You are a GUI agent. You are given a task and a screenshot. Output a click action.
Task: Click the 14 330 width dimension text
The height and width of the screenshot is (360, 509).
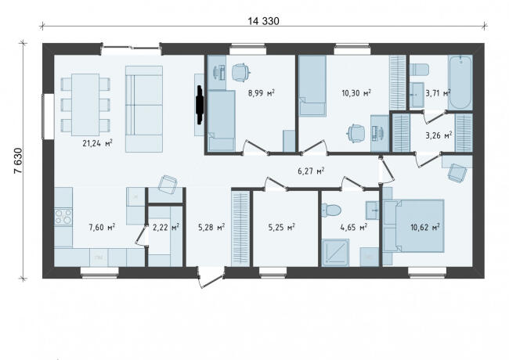click(263, 21)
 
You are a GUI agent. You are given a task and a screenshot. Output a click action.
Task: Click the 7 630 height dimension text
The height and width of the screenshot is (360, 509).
click(19, 161)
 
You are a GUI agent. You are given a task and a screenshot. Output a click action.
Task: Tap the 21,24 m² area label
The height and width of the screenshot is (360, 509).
click(97, 143)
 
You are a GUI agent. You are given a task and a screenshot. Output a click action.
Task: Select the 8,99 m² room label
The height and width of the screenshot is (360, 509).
click(262, 93)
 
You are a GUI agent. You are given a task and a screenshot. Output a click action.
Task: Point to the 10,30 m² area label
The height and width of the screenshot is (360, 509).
click(356, 93)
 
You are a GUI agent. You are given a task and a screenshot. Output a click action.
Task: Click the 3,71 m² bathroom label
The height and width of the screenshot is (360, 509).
click(438, 93)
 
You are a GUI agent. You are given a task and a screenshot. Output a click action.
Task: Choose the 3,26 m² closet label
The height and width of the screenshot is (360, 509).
click(439, 135)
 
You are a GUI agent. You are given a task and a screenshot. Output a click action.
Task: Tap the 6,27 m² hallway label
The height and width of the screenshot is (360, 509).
click(312, 171)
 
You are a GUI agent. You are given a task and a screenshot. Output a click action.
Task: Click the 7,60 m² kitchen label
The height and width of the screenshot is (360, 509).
click(102, 227)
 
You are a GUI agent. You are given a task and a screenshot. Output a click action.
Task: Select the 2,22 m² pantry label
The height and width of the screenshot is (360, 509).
click(166, 227)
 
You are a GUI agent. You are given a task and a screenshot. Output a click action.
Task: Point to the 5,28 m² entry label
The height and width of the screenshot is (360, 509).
click(211, 227)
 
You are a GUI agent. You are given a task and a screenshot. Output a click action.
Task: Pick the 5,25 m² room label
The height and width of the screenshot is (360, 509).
click(281, 227)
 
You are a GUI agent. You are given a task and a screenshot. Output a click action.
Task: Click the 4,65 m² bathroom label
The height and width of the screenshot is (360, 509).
click(353, 227)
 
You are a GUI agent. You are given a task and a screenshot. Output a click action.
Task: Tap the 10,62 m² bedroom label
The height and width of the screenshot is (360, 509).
click(425, 227)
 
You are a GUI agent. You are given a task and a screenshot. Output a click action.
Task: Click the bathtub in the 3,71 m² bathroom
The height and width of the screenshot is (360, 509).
click(460, 82)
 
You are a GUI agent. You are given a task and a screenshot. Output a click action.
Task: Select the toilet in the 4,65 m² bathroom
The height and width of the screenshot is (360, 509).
click(331, 211)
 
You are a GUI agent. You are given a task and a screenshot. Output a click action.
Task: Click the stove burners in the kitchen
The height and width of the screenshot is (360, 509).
click(63, 217)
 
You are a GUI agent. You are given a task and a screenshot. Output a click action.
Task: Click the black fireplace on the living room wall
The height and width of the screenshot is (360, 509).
click(200, 104)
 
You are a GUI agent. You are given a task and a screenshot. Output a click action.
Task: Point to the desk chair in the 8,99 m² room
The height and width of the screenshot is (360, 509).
click(241, 72)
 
